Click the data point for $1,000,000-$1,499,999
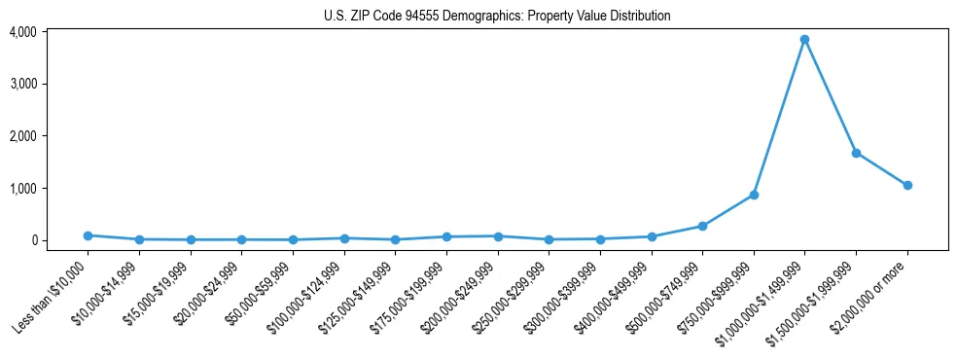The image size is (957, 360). (x=804, y=40)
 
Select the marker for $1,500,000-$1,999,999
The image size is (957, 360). (x=856, y=153)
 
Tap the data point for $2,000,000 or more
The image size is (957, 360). (x=907, y=185)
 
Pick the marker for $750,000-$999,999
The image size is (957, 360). (x=754, y=195)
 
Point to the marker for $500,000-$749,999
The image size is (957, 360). (x=702, y=226)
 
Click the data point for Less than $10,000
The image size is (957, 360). (x=88, y=235)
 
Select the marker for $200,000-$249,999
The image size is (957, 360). (x=498, y=236)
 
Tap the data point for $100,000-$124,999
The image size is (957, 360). (x=344, y=238)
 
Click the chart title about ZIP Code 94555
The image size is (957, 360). (x=497, y=16)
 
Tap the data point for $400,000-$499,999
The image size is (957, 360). (x=652, y=236)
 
